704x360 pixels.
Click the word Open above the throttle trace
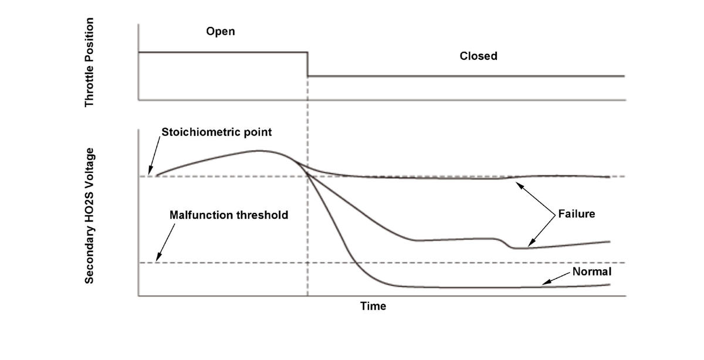click(x=220, y=32)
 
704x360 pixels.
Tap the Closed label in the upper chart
click(x=478, y=56)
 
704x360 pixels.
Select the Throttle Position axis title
click(x=89, y=62)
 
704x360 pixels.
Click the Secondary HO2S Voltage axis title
click(x=89, y=216)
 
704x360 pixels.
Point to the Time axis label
click(x=373, y=306)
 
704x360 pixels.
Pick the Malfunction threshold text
click(x=229, y=215)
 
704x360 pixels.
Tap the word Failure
click(x=576, y=214)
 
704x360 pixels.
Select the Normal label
click(x=591, y=272)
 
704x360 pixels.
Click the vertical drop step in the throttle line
click(x=308, y=64)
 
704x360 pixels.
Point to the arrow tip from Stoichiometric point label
click(x=150, y=174)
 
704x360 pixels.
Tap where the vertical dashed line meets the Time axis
click(x=308, y=296)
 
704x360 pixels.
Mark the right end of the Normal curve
click(x=610, y=284)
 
